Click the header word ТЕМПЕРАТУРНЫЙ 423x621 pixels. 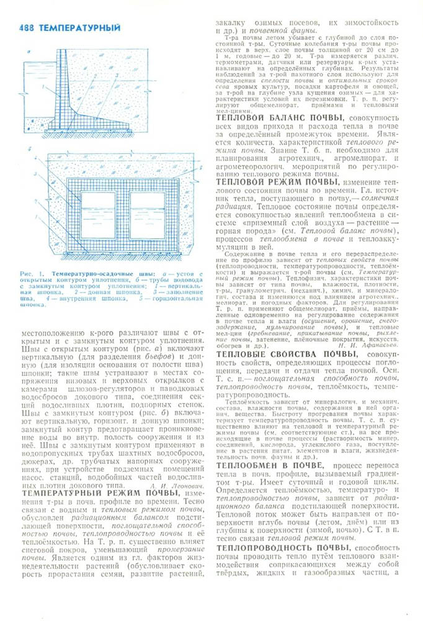(79, 28)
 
